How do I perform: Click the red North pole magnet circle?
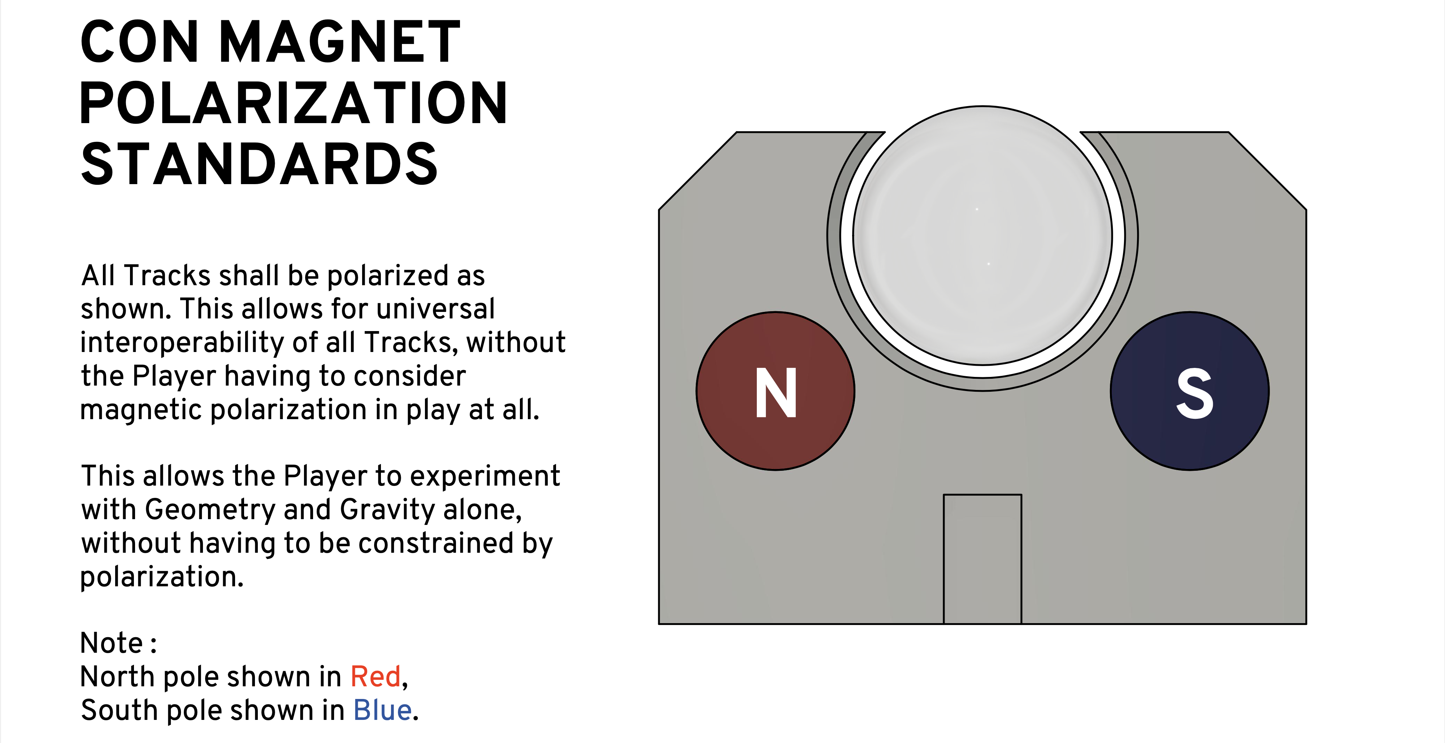click(x=775, y=391)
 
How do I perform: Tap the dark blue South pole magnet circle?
click(x=1190, y=391)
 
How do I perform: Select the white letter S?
click(x=1195, y=393)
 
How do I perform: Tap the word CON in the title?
click(x=140, y=42)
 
